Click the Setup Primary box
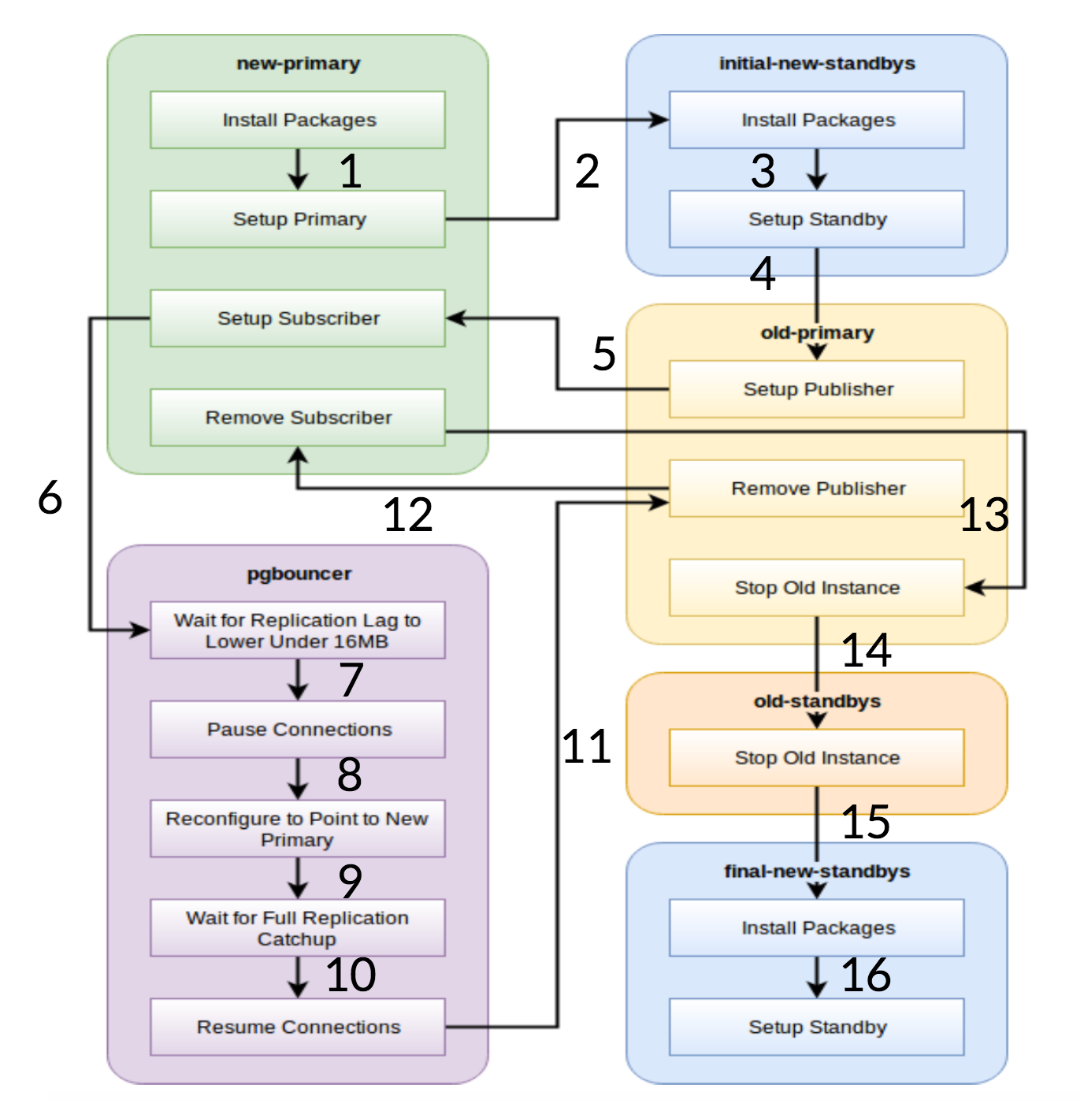298,219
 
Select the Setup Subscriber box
298,318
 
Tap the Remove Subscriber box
298,418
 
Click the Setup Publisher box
817,389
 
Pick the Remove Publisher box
817,489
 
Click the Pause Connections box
298,730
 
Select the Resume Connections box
298,1027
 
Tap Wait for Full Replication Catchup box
298,928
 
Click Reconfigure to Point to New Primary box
298,829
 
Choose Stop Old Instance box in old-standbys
817,758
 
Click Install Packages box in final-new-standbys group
817,928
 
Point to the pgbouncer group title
299,574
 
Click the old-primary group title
817,333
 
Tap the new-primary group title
299,64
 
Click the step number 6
50,498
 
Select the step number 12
408,515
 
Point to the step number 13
985,515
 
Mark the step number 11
587,746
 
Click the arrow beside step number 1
298,169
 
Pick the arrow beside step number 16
817,977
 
